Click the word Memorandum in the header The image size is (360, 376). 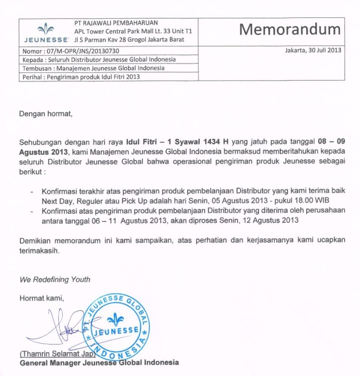point(290,29)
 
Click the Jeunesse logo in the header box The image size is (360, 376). point(46,32)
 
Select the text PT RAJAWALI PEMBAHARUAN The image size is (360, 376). point(116,23)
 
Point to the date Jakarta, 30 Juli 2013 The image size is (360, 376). point(313,51)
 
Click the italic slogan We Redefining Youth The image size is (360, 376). point(55,279)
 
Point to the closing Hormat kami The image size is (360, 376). point(42,298)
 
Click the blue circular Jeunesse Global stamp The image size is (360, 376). point(118,327)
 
